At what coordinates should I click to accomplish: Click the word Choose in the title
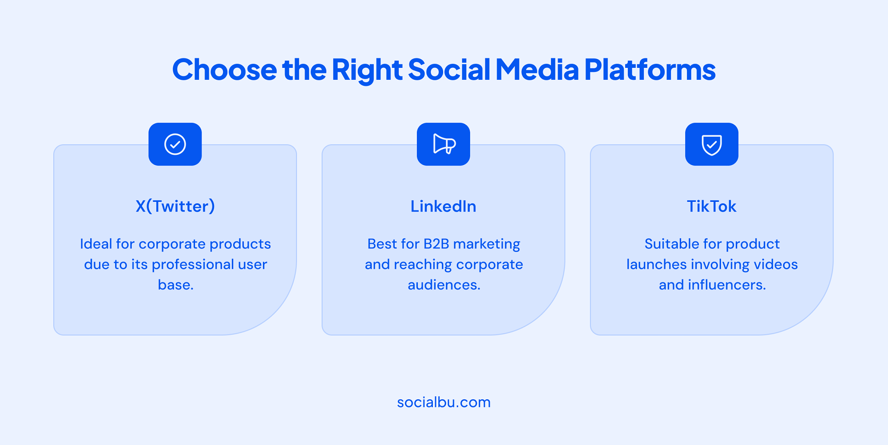[224, 70]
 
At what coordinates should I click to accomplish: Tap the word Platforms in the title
[650, 70]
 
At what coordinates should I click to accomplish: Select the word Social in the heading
[449, 70]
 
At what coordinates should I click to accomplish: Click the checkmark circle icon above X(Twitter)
[175, 144]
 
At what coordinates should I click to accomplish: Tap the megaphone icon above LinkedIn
[444, 144]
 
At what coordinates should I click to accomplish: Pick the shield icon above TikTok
[712, 145]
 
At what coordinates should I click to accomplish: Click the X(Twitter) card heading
[175, 206]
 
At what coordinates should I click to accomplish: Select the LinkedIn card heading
[443, 206]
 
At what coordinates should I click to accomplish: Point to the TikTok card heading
[711, 206]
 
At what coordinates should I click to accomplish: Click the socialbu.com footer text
[444, 402]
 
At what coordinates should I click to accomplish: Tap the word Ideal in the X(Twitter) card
[96, 244]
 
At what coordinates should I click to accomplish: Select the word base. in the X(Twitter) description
[176, 285]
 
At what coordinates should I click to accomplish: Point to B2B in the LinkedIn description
[436, 244]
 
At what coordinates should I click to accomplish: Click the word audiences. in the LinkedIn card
[444, 285]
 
